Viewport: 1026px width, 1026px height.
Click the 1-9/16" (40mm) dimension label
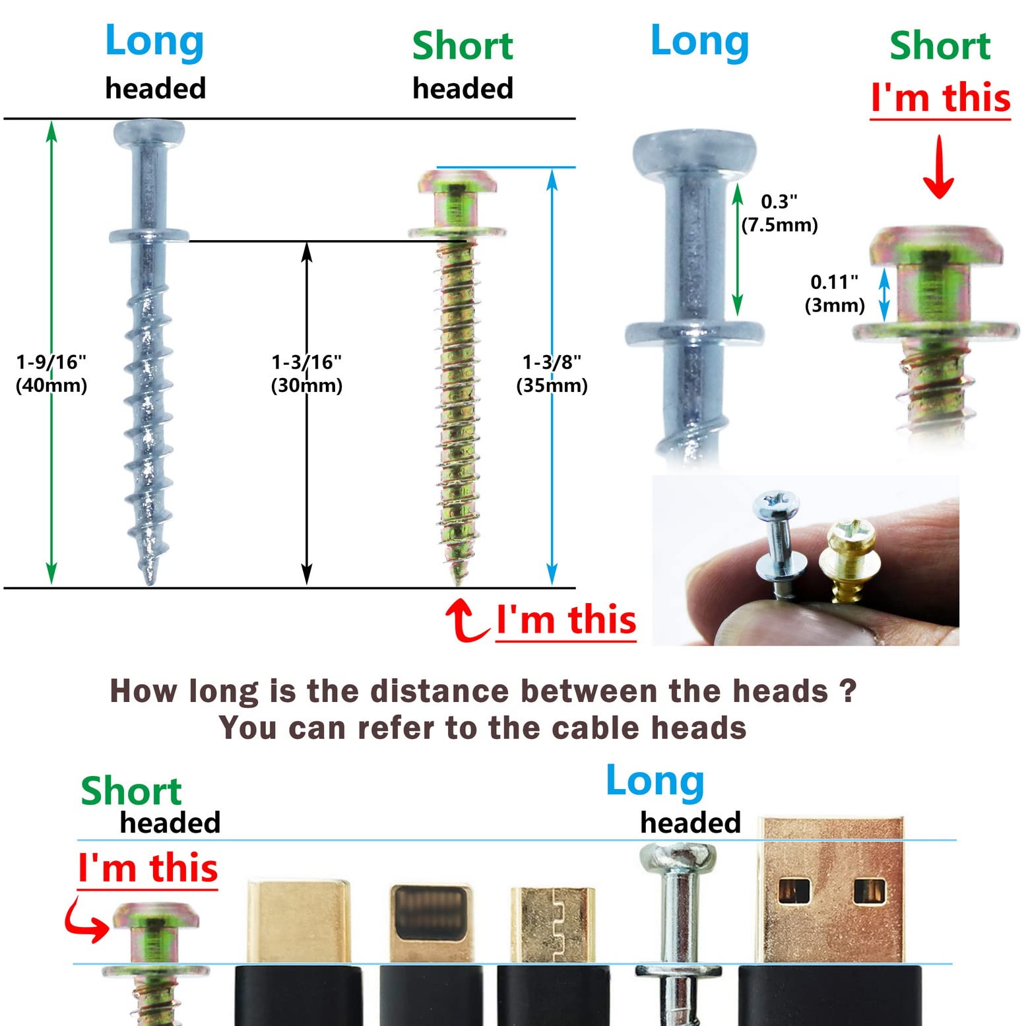[51, 373]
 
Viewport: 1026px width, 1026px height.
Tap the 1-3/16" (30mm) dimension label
[307, 373]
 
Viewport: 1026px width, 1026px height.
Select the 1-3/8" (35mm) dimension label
[552, 373]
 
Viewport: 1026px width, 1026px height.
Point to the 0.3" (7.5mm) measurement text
[779, 213]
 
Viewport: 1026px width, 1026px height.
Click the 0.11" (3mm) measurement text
[835, 294]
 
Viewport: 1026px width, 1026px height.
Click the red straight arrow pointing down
[938, 166]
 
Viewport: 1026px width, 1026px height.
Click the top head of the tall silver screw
[148, 133]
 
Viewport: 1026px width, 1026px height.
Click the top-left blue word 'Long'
[154, 42]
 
